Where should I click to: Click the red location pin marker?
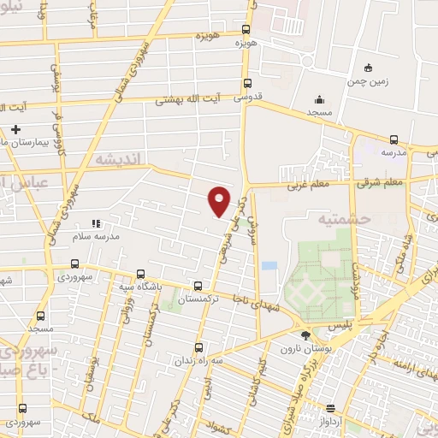pos(220,199)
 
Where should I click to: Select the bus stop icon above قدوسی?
pos(247,84)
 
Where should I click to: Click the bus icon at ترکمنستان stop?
pos(198,287)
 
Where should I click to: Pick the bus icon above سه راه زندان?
pos(198,347)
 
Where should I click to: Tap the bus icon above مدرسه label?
pos(394,139)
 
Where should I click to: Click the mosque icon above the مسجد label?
pos(319,99)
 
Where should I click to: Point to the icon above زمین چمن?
pos(368,68)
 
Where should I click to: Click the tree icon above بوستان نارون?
pos(306,334)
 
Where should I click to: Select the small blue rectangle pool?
pos(269,266)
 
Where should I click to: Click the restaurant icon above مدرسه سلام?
pos(95,223)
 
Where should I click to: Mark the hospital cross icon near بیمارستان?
pos(15,130)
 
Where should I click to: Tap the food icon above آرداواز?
pos(330,408)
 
